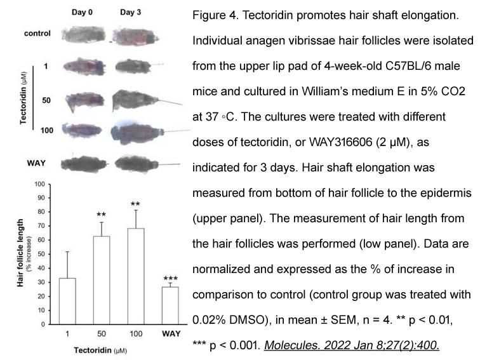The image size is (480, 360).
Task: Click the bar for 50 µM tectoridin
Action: coord(102,280)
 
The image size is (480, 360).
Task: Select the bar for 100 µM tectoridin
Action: coord(136,276)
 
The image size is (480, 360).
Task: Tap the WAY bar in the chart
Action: coord(170,305)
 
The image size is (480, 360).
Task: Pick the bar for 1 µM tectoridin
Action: coord(67,301)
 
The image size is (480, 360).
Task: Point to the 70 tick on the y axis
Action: coord(41,226)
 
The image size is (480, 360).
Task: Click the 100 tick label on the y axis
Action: coord(40,184)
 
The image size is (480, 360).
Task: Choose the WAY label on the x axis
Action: coord(171,333)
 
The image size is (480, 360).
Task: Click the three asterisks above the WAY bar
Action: coord(171,278)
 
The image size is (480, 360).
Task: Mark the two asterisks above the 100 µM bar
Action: coord(135,204)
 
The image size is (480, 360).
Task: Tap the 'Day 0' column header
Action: coord(82,12)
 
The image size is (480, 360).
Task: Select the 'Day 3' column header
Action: coord(130,12)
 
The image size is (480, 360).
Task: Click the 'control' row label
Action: coord(37,33)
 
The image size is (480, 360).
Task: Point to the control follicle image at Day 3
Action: coord(135,37)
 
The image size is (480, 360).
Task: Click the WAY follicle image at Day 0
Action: coord(84,164)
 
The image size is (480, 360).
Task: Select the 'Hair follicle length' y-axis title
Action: coord(20,253)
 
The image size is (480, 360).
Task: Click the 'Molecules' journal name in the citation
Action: coord(291,345)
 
